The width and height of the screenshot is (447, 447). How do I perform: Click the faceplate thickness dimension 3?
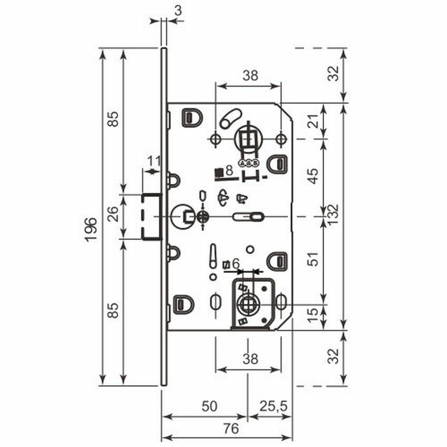pos(178,10)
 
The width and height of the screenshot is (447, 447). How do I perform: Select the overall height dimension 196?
pos(91,230)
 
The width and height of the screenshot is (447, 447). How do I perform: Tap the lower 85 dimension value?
pos(114,310)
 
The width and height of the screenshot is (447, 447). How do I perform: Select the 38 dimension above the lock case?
pos(250,76)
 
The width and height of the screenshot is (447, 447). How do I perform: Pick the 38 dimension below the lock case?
pos(249,358)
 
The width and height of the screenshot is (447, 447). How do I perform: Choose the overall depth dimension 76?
pos(231,429)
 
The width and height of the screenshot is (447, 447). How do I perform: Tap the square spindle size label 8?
pos(229,170)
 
